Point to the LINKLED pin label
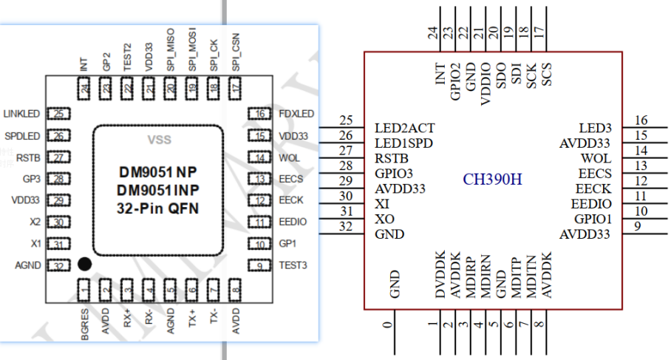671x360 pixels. tap(21, 114)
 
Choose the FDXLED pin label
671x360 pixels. tap(296, 114)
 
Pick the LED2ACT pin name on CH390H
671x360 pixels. tap(403, 128)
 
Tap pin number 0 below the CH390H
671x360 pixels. tap(386, 325)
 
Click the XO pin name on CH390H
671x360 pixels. tap(384, 220)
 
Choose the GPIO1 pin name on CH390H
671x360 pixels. tap(593, 220)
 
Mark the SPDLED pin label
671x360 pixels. tap(22, 136)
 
